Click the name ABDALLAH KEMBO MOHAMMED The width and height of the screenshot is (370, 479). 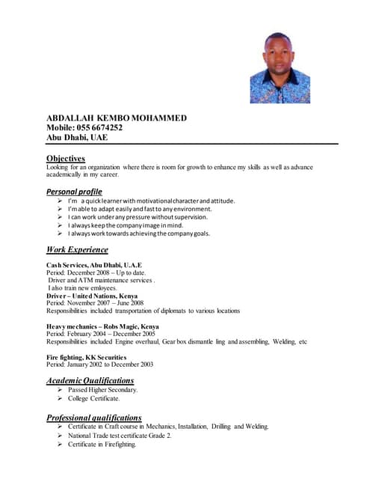click(117, 118)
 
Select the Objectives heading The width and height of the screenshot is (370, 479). click(66, 158)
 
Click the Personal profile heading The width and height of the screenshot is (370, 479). click(74, 192)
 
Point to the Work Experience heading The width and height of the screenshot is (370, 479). click(77, 249)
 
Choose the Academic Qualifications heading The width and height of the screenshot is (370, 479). click(90, 380)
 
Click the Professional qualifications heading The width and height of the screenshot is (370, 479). click(93, 417)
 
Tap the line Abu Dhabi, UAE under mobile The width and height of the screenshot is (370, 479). click(77, 138)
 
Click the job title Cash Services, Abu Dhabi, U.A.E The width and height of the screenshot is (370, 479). click(93, 266)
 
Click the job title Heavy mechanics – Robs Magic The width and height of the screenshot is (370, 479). click(102, 326)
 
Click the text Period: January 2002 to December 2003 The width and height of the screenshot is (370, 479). click(99, 364)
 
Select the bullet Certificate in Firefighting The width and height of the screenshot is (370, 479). click(102, 445)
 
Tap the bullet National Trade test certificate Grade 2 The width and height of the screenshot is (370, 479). click(120, 436)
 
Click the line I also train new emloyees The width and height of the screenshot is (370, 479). click(82, 288)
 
